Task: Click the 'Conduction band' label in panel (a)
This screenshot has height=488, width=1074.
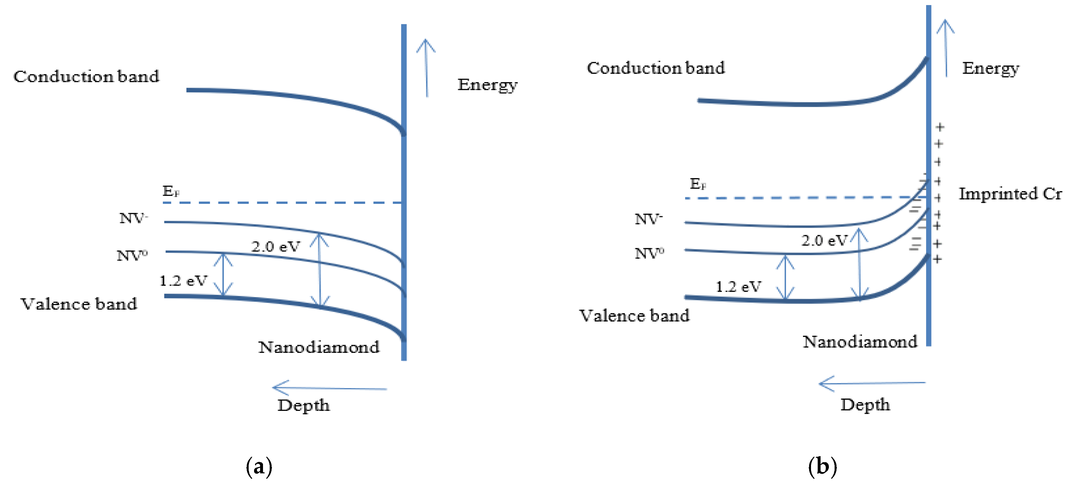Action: pos(86,77)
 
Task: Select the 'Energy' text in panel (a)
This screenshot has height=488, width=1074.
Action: pos(487,85)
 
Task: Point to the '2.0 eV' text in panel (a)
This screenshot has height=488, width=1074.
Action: pos(275,247)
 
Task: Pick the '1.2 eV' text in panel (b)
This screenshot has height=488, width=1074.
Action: pos(738,287)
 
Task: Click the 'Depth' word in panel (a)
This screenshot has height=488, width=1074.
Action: pos(303,405)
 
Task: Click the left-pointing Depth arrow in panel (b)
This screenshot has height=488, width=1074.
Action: pos(871,383)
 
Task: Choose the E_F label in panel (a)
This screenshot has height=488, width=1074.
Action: pos(171,191)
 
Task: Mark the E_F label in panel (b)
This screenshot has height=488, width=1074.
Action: pos(698,184)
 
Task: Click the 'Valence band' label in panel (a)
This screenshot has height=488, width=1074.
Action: pos(79,304)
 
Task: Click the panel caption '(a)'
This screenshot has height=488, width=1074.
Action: pos(259,466)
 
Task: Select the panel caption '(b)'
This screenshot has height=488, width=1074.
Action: pos(822,466)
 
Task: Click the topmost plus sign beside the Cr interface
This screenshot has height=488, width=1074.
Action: pos(939,127)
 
